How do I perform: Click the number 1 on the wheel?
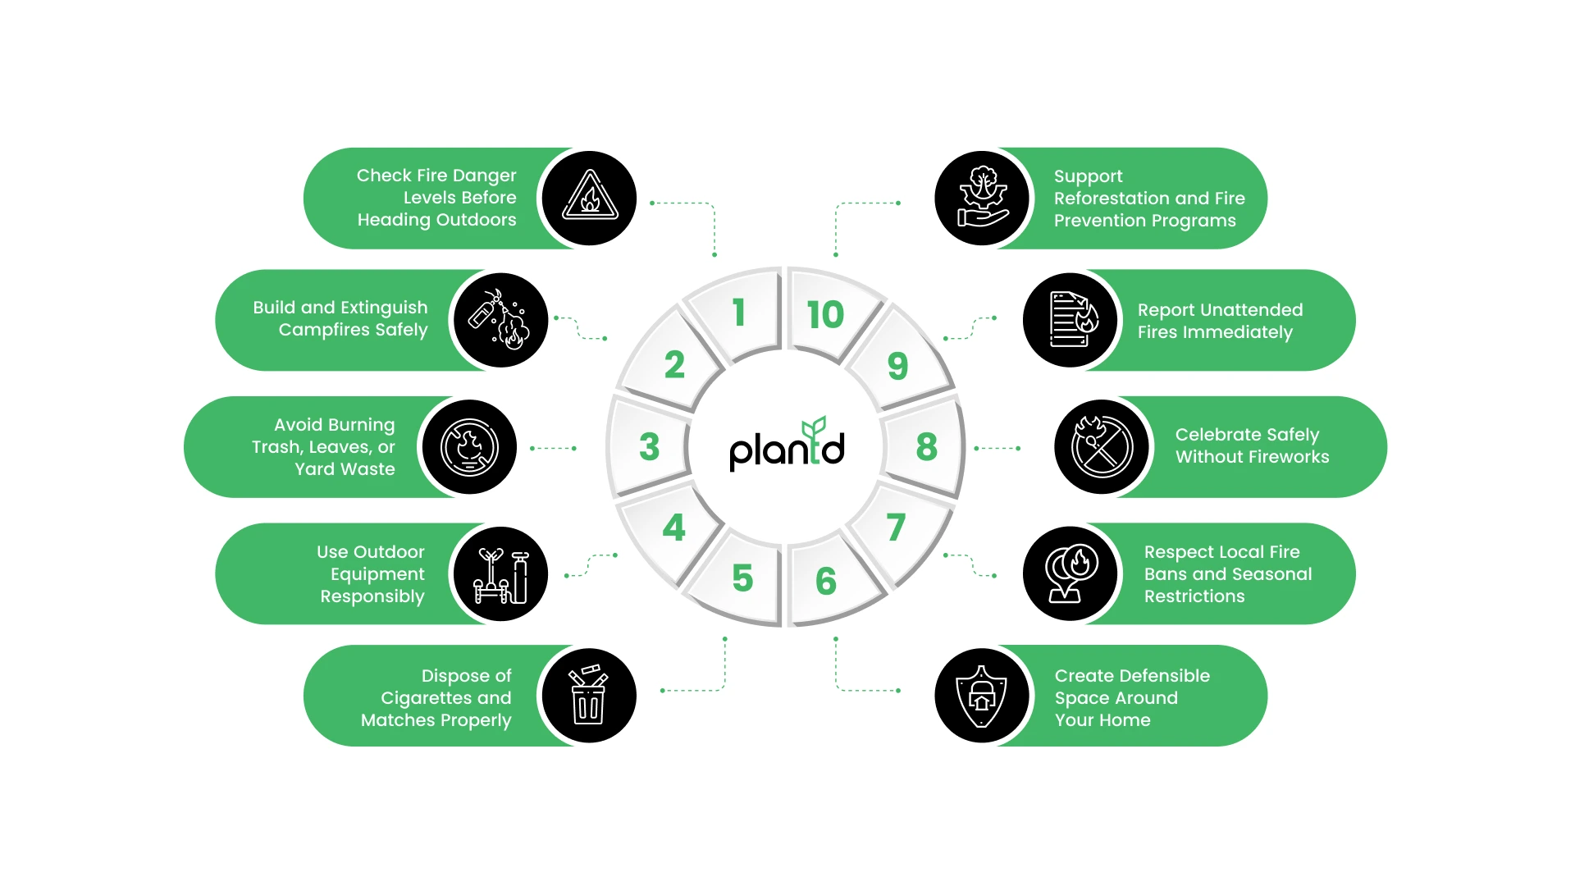[739, 313]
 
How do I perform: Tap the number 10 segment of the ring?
[824, 315]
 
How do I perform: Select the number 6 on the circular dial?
[825, 581]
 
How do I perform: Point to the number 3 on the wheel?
[649, 447]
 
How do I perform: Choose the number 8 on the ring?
[926, 447]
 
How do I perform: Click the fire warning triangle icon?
[589, 198]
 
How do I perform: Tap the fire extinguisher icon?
[500, 320]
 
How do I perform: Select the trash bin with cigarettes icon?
[589, 694]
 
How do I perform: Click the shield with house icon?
[982, 696]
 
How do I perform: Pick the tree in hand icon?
[982, 198]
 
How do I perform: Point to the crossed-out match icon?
[1102, 447]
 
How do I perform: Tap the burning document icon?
[1071, 320]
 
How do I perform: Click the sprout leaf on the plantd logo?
[814, 427]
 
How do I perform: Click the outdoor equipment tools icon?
[500, 574]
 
